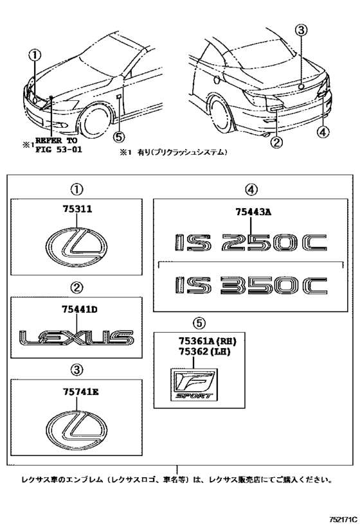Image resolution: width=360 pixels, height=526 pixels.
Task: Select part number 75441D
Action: point(76,309)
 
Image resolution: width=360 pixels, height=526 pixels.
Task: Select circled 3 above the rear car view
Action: point(303,30)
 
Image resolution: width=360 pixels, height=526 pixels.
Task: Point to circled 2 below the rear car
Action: point(277,142)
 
